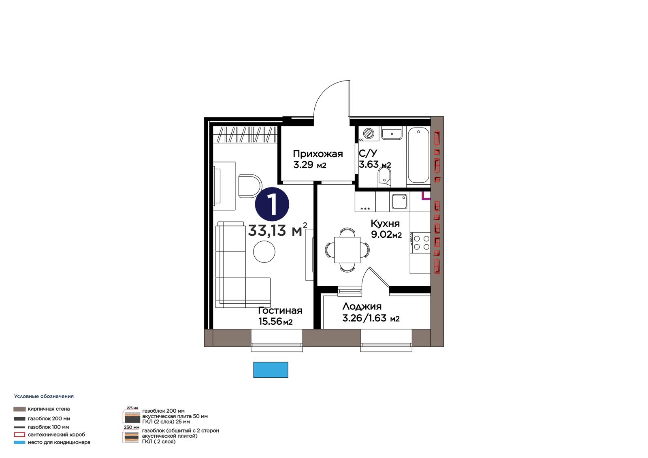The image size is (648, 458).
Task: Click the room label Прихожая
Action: pos(318,153)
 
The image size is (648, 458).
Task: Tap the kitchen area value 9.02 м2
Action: pos(386,234)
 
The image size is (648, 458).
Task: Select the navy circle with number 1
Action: pos(272,204)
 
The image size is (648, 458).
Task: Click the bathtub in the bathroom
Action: pos(418,155)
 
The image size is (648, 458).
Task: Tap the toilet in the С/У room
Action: pos(384,177)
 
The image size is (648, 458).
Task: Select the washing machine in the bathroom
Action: pos(368,134)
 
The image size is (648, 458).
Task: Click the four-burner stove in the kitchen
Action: pos(421,243)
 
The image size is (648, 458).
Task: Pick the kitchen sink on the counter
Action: pos(399,201)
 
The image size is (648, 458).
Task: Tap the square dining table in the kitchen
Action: pos(347,250)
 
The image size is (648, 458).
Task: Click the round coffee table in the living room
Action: pos(264,252)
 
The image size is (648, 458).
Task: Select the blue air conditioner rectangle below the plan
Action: pos(271,370)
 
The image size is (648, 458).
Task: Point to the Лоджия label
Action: pos(362,306)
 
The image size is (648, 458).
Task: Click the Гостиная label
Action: pos(280,311)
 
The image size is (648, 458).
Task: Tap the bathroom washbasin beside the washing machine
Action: pos(392,133)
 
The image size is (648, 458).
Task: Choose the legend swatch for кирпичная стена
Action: pos(19,409)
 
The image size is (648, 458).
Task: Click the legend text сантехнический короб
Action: pos(56,434)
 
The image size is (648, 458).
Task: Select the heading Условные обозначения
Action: pos(44,396)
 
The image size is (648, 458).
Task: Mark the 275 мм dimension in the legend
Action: pos(132,408)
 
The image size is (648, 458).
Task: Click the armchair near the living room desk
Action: pos(250,186)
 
